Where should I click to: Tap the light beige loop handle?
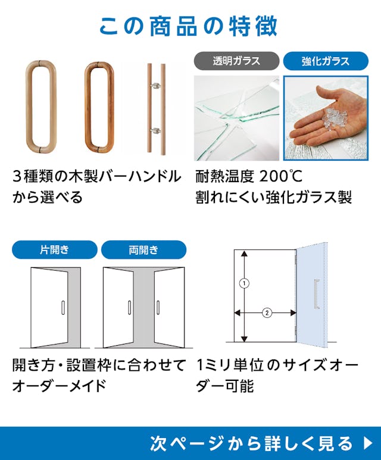click(x=42, y=107)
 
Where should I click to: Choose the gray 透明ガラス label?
click(x=236, y=61)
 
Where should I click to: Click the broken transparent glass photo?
click(x=237, y=118)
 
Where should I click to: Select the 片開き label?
click(x=54, y=249)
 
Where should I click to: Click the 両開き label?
click(x=143, y=249)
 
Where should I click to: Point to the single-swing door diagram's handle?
click(x=63, y=307)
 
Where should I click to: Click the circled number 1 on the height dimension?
click(x=243, y=284)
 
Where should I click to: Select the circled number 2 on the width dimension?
click(x=267, y=312)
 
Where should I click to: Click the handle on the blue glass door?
click(x=316, y=294)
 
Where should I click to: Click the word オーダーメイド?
click(x=59, y=385)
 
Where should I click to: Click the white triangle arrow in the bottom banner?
click(x=367, y=443)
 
